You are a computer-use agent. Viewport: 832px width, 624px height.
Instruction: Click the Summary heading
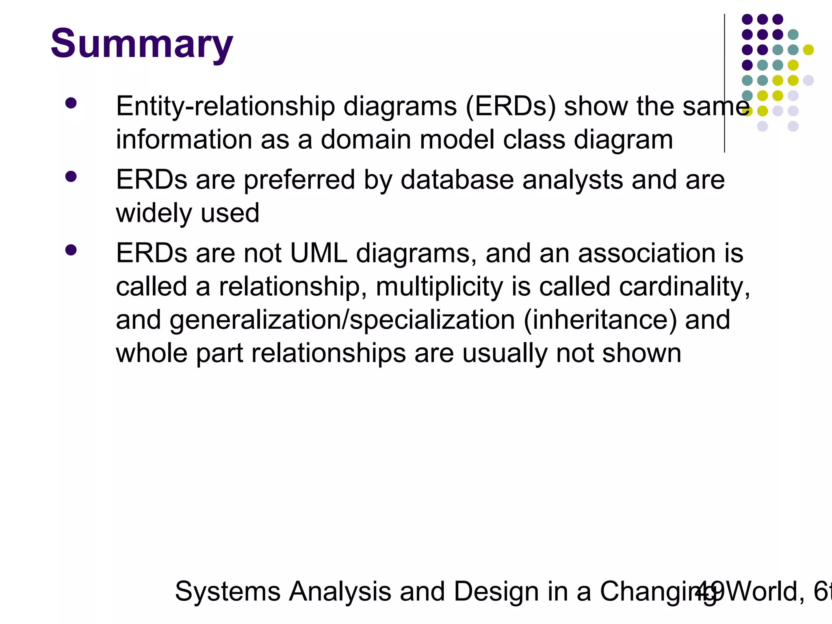tap(142, 44)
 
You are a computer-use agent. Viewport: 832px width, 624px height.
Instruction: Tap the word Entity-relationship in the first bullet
tap(225, 106)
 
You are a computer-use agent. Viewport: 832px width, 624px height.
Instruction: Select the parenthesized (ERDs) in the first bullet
tap(511, 106)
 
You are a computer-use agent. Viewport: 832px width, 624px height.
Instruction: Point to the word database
tap(457, 180)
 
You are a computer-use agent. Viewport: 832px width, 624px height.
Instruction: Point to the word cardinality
tap(685, 287)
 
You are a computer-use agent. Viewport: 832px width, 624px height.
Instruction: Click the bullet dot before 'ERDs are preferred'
tap(71, 176)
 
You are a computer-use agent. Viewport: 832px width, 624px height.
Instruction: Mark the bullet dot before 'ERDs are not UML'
tap(71, 250)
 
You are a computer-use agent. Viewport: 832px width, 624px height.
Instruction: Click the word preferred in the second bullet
tap(299, 180)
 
